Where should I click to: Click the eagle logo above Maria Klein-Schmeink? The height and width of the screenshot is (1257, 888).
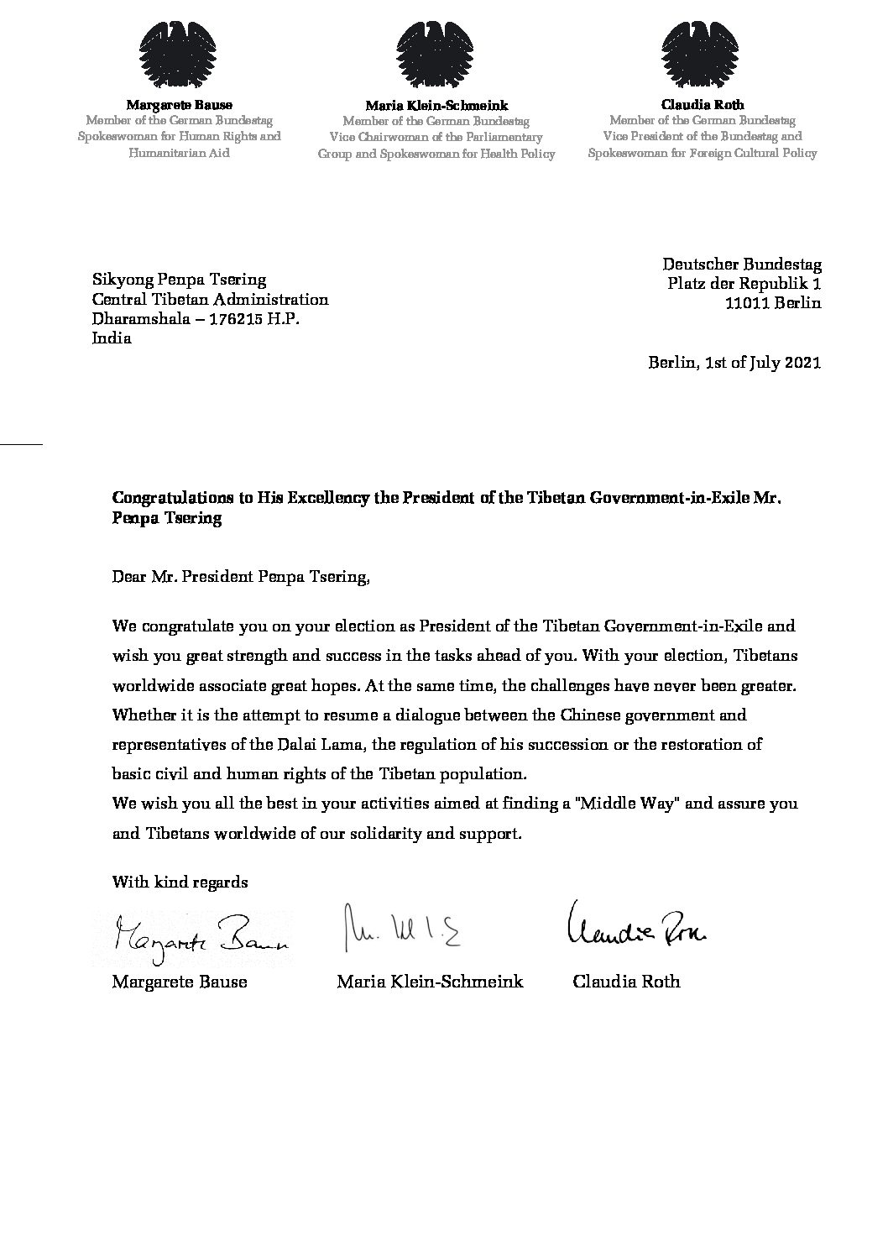pyautogui.click(x=436, y=54)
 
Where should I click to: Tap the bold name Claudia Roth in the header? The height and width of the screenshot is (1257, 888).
pyautogui.click(x=703, y=105)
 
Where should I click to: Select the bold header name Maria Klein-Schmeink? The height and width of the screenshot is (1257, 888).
pyautogui.click(x=436, y=106)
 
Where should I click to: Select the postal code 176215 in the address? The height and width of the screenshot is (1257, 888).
pyautogui.click(x=234, y=319)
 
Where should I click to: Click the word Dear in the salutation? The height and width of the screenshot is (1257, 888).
pyautogui.click(x=128, y=577)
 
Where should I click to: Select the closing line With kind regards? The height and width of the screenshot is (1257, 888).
pyautogui.click(x=180, y=883)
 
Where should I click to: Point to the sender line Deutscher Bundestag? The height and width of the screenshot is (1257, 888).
pyautogui.click(x=742, y=264)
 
